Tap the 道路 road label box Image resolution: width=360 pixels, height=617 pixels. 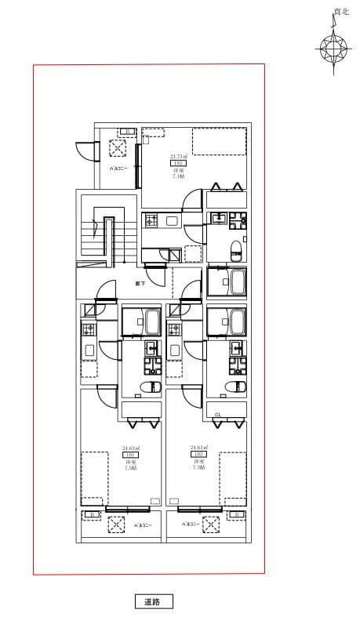point(152,601)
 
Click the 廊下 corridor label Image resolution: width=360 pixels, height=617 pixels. point(139,282)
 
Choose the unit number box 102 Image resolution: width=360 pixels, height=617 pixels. point(198,455)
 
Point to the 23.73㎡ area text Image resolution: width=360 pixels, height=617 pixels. point(177,157)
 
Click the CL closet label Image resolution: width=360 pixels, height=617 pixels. point(218,414)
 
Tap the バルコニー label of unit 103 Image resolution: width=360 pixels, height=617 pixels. point(117,169)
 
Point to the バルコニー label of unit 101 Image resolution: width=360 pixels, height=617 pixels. point(142,525)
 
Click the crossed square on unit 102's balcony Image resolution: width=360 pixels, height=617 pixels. point(210,524)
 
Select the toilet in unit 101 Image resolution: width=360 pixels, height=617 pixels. point(149,387)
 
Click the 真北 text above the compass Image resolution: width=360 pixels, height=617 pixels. point(340,11)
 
